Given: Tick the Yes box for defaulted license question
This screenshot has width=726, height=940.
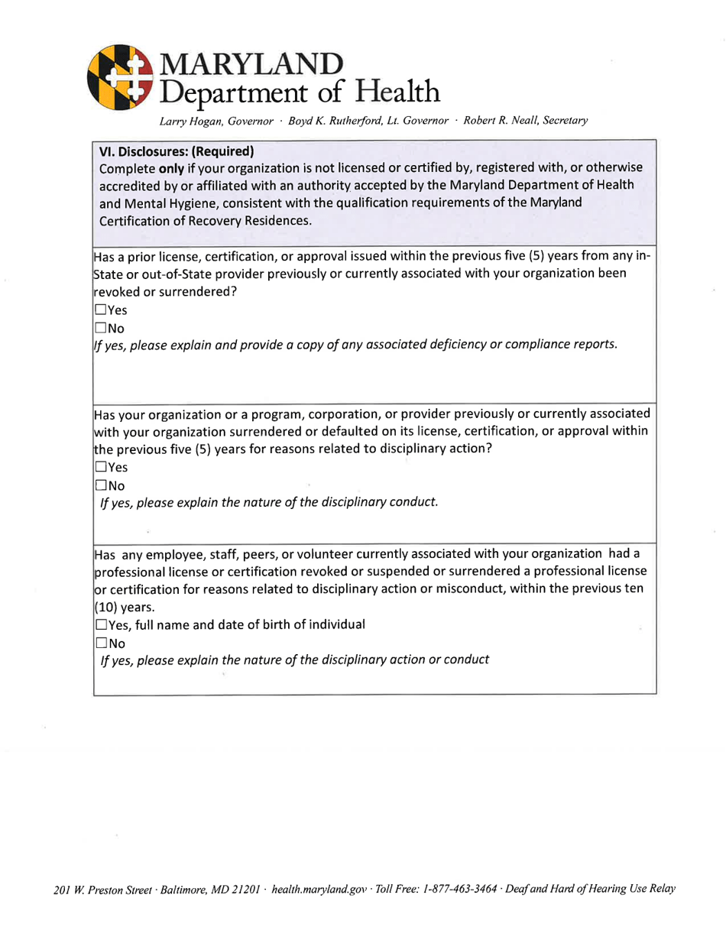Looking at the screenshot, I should tap(100, 467).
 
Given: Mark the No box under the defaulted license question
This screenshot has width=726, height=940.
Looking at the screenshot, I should tap(100, 485).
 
